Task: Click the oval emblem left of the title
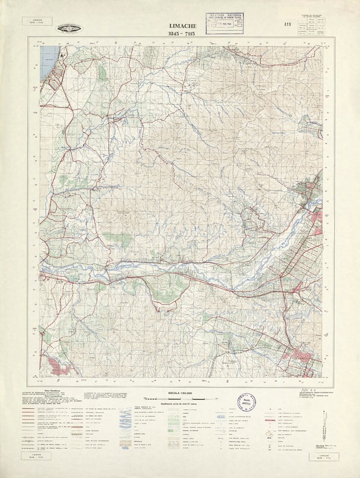pyautogui.click(x=70, y=28)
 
